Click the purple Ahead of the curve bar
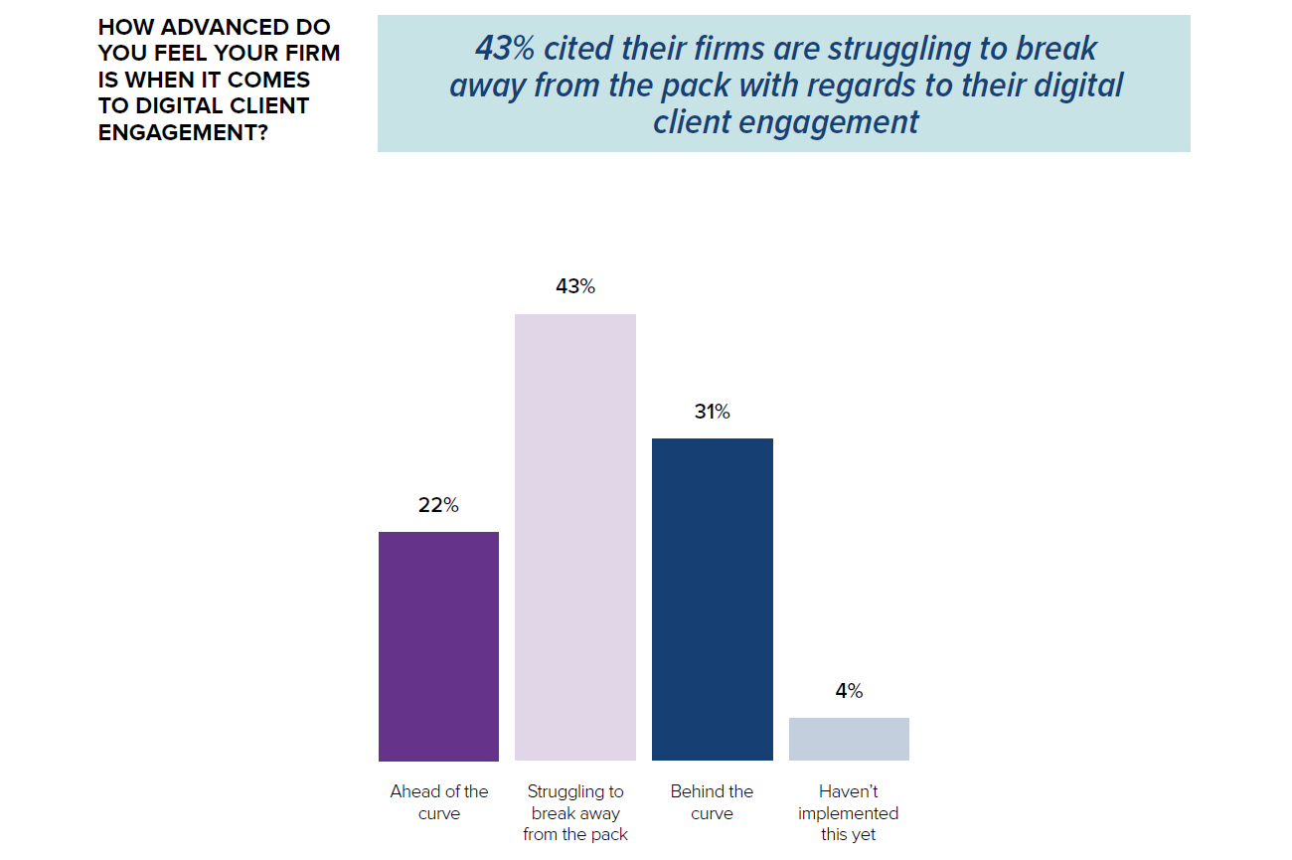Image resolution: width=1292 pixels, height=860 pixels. pyautogui.click(x=438, y=646)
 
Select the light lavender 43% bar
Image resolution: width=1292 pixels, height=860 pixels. pyautogui.click(x=575, y=537)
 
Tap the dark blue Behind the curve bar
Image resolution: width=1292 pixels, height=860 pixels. pyautogui.click(x=712, y=600)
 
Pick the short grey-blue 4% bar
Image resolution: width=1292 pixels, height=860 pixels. pyautogui.click(x=849, y=739)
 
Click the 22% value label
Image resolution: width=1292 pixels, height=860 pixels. pyautogui.click(x=438, y=505)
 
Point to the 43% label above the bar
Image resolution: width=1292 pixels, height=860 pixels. pyautogui.click(x=575, y=286)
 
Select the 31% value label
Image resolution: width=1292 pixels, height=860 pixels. pyautogui.click(x=712, y=412)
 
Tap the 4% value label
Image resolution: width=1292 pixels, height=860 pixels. pyautogui.click(x=849, y=691)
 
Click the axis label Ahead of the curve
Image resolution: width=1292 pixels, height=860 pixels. pyautogui.click(x=438, y=802)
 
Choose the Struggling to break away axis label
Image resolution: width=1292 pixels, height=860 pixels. pyautogui.click(x=575, y=812)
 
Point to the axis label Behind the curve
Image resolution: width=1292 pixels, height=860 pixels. pyautogui.click(x=712, y=802)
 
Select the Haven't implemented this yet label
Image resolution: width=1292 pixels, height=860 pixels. pyautogui.click(x=849, y=812)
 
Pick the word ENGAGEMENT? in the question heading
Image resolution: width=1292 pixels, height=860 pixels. pyautogui.click(x=183, y=132)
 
